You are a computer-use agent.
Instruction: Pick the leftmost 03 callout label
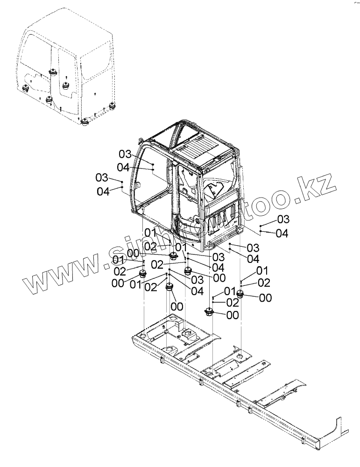102,177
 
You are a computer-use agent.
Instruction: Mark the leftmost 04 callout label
103,191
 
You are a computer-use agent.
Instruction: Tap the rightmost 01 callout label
262,270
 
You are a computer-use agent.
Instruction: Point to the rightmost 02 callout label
264,283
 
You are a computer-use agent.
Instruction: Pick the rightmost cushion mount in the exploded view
241,294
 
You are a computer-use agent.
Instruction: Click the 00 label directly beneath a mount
176,306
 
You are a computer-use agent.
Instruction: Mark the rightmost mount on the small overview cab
112,106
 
